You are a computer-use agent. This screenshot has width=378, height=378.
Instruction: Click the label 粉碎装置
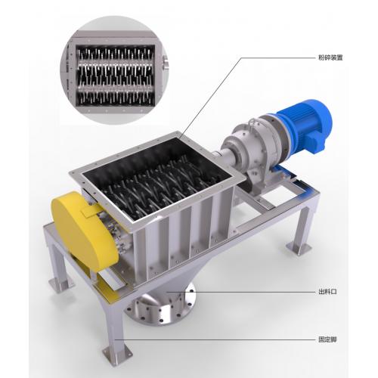pos(330,57)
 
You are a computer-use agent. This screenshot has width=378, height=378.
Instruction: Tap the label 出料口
pos(327,292)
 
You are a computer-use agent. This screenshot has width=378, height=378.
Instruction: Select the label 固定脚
pos(327,339)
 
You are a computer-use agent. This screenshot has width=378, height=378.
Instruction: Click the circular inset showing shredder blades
pos(115,70)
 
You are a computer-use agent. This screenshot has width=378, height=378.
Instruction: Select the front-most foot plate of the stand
pos(118,351)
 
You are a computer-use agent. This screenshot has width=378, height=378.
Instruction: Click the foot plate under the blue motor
pos(299,248)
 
